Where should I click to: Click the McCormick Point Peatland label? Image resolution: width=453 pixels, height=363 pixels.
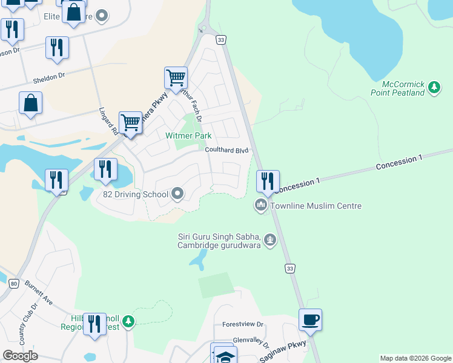pos(398,88)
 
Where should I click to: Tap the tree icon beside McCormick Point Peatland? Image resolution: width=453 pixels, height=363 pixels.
pos(434,88)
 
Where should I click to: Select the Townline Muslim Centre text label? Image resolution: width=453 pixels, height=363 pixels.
pos(316,206)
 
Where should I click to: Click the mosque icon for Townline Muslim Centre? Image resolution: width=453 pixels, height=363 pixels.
pos(261,206)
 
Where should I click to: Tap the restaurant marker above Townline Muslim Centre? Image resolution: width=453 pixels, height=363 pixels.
pos(267,181)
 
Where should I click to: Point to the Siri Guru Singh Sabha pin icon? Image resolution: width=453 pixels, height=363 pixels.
pos(270,241)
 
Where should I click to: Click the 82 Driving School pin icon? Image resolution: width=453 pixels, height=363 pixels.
pos(177,194)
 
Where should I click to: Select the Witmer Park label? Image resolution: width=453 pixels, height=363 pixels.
pos(188,136)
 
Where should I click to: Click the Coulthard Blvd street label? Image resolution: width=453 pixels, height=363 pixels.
pos(227,150)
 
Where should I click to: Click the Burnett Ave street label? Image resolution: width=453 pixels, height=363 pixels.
pos(40,295)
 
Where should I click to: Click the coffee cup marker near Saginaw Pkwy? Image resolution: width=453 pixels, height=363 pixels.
pos(310,320)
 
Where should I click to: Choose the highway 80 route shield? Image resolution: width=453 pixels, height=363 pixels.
pos(13,283)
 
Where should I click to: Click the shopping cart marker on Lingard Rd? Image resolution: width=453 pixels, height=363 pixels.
pos(130,123)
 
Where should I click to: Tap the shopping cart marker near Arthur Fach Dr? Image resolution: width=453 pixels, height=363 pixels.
pos(176,78)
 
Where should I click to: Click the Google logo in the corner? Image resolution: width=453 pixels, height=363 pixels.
pos(20,356)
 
